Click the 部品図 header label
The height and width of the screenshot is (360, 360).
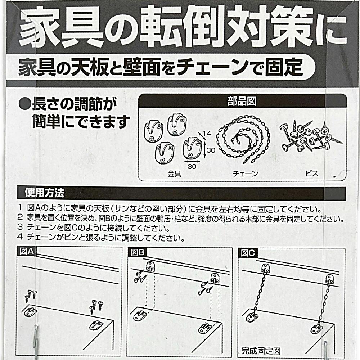click(x=242, y=101)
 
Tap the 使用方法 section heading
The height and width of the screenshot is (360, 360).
click(x=45, y=193)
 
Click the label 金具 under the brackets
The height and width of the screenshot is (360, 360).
click(x=174, y=174)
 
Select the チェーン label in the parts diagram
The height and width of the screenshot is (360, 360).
click(x=246, y=174)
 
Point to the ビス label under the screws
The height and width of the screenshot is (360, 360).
click(x=312, y=174)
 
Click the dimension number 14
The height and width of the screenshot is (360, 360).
click(x=207, y=134)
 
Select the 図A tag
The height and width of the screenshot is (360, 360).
click(x=27, y=251)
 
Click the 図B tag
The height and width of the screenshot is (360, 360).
click(x=137, y=252)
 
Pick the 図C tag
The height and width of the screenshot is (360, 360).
click(x=248, y=253)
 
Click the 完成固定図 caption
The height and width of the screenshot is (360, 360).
click(x=261, y=351)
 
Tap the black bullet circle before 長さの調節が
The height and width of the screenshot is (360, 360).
click(x=24, y=104)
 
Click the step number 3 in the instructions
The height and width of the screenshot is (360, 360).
click(x=20, y=227)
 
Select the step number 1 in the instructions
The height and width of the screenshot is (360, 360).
click(x=20, y=208)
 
